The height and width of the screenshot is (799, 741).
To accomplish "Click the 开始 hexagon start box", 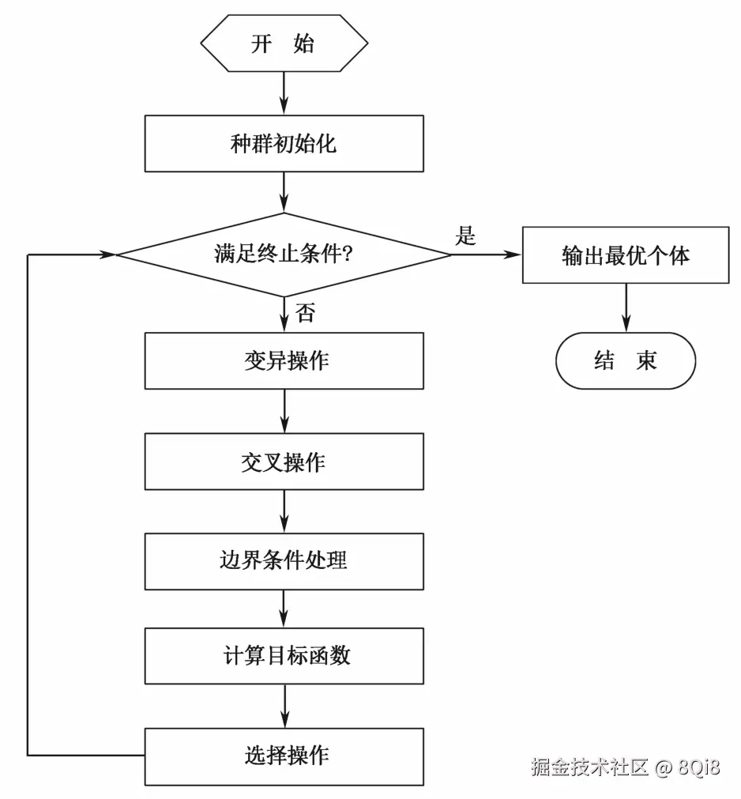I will coord(283,43).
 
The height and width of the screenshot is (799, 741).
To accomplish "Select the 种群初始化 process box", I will coord(283,144).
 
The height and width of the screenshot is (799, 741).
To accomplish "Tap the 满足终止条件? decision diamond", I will coord(283,254).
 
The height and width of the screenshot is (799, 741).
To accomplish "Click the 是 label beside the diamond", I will coord(466,236).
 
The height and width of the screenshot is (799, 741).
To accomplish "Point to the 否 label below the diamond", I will coord(306,313).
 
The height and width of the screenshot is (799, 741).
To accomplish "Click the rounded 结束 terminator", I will coord(626,361).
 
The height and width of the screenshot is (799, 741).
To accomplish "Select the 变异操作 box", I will coord(283,361).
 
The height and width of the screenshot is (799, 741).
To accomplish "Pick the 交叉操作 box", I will coord(283,462).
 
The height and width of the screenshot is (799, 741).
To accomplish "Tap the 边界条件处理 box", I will coord(283,560).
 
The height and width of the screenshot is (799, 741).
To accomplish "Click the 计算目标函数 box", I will coord(283,656).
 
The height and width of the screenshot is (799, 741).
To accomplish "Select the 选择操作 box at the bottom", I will coord(283,756).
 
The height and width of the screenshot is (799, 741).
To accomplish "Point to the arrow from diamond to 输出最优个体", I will coord(487,254).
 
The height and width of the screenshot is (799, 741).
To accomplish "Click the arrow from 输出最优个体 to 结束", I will coord(626,308).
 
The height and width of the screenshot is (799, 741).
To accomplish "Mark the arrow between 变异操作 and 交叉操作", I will coord(283,411).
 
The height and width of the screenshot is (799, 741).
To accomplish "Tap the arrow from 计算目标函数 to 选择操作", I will coord(283,706).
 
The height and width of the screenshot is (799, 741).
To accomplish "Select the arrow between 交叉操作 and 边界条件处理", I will coord(283,511).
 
